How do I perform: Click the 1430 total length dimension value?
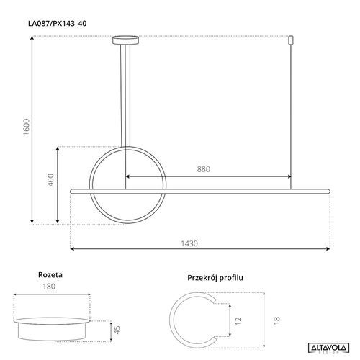[x=189, y=243]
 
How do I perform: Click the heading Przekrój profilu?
[x=217, y=276]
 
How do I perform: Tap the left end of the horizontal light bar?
[x=73, y=191]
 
